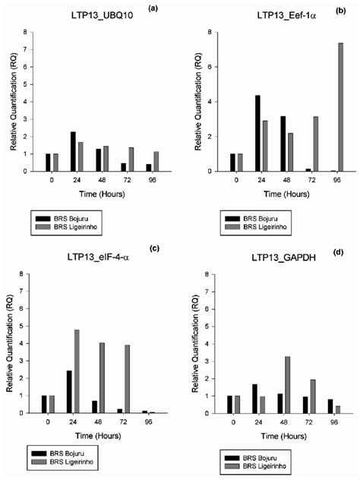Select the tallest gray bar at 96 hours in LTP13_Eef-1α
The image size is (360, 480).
(x=319, y=107)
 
